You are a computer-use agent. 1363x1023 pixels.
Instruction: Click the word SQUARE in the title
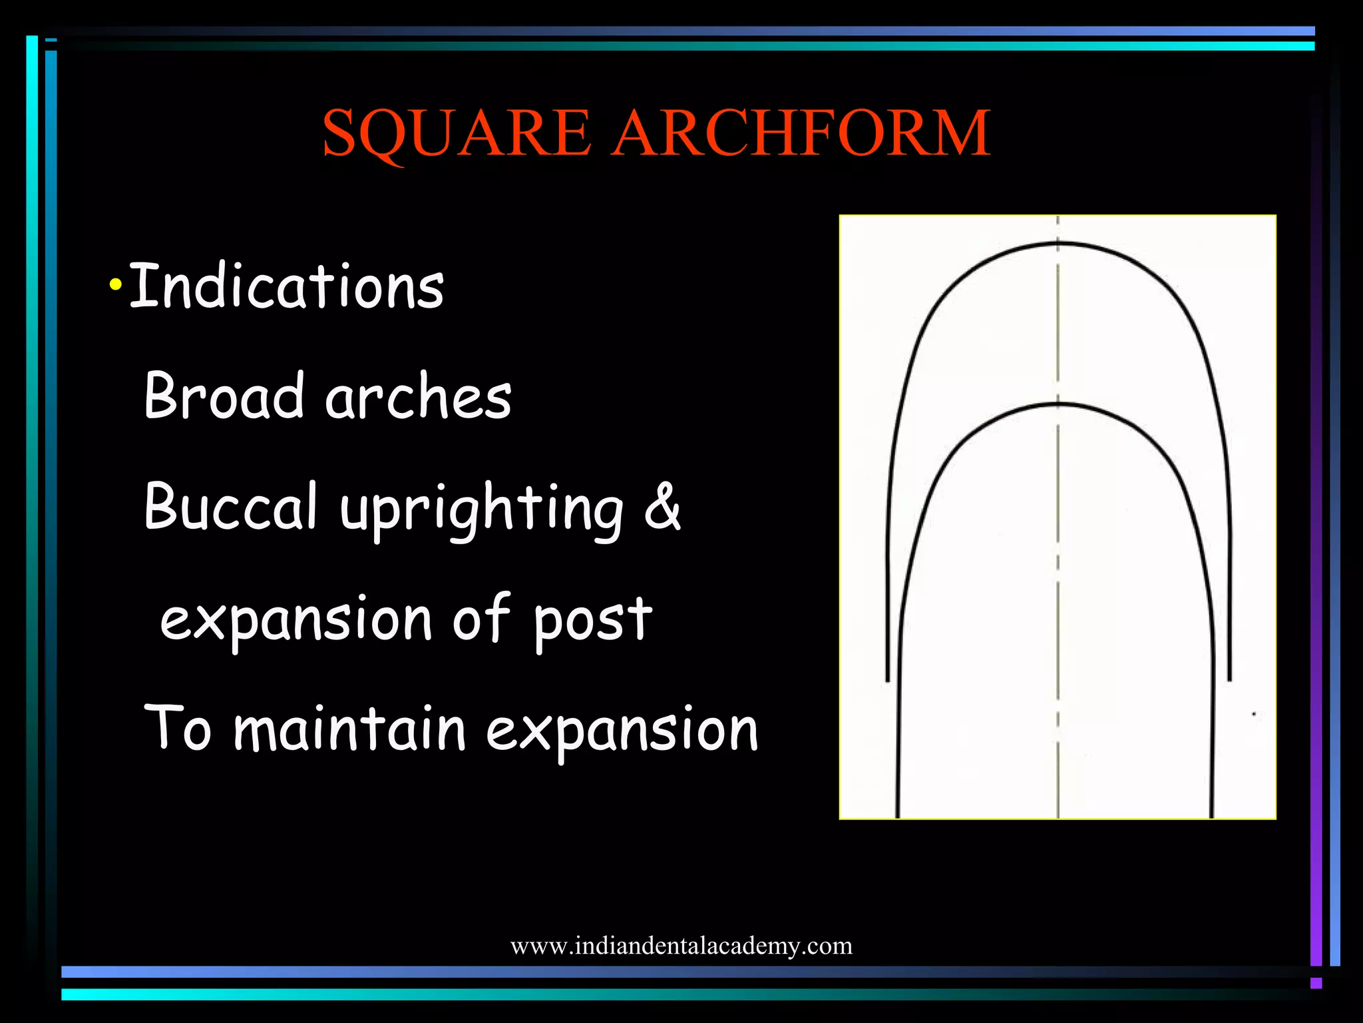point(457,133)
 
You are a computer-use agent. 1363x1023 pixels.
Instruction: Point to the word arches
point(418,398)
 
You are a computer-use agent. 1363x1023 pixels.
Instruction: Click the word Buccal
point(230,506)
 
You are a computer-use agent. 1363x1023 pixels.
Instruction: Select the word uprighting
point(481,510)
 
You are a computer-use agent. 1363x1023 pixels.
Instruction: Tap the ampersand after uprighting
point(662,506)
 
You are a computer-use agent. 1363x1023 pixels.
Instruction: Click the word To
point(178,728)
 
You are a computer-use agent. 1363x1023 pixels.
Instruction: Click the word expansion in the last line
point(622,731)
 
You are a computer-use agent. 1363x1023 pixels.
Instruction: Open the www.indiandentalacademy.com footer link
point(681,946)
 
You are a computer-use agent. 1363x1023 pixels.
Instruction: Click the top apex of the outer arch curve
point(1058,244)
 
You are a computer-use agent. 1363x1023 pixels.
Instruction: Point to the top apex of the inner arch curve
point(1058,404)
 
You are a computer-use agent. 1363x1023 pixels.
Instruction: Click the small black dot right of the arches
point(1254,715)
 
